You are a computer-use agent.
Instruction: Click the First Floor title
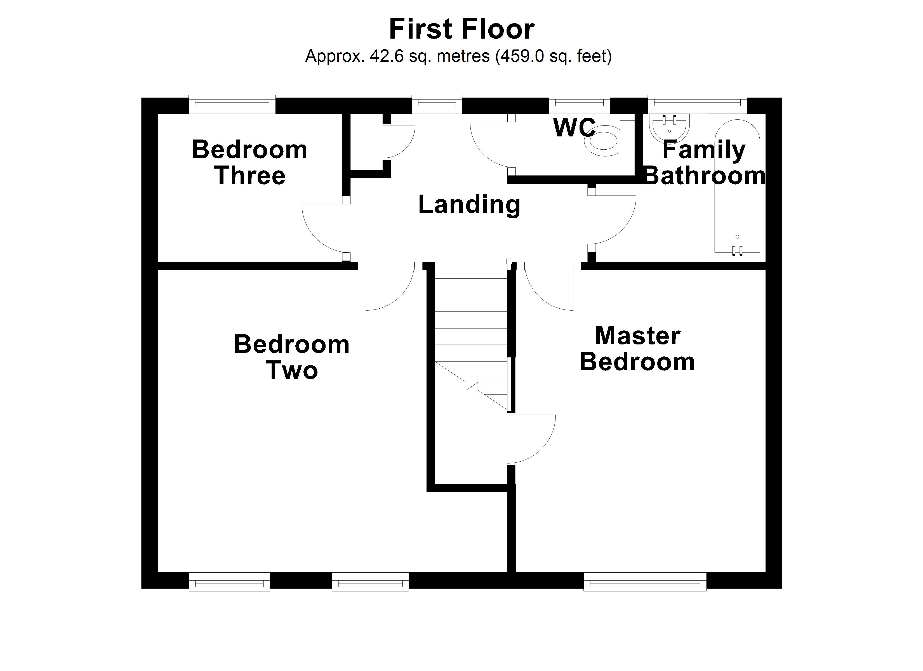coord(462,29)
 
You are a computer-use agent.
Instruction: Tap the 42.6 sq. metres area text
coord(458,56)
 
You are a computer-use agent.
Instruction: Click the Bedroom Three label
coord(249,162)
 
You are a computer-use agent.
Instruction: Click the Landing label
coord(469,204)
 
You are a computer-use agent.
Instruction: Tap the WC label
coord(574,127)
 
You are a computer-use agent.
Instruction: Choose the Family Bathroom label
coord(704,162)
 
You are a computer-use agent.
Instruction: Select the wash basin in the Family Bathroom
coord(670,128)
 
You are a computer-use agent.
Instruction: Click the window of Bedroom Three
coord(232,104)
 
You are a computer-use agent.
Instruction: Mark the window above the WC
coord(579,104)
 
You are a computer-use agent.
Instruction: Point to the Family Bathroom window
coord(697,104)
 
